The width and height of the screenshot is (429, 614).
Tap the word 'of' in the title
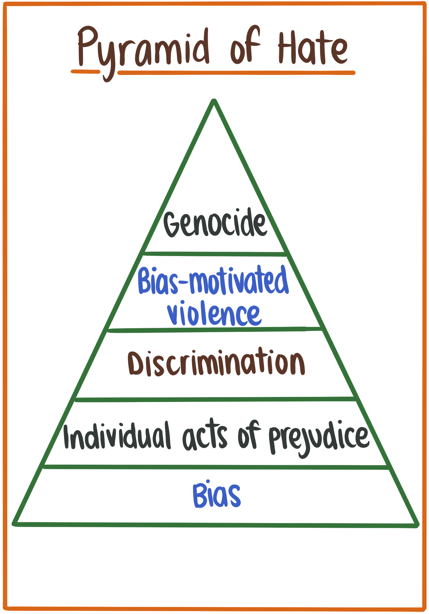(245, 47)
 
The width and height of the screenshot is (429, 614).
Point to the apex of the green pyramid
(214, 101)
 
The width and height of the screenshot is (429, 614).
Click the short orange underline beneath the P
(85, 71)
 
